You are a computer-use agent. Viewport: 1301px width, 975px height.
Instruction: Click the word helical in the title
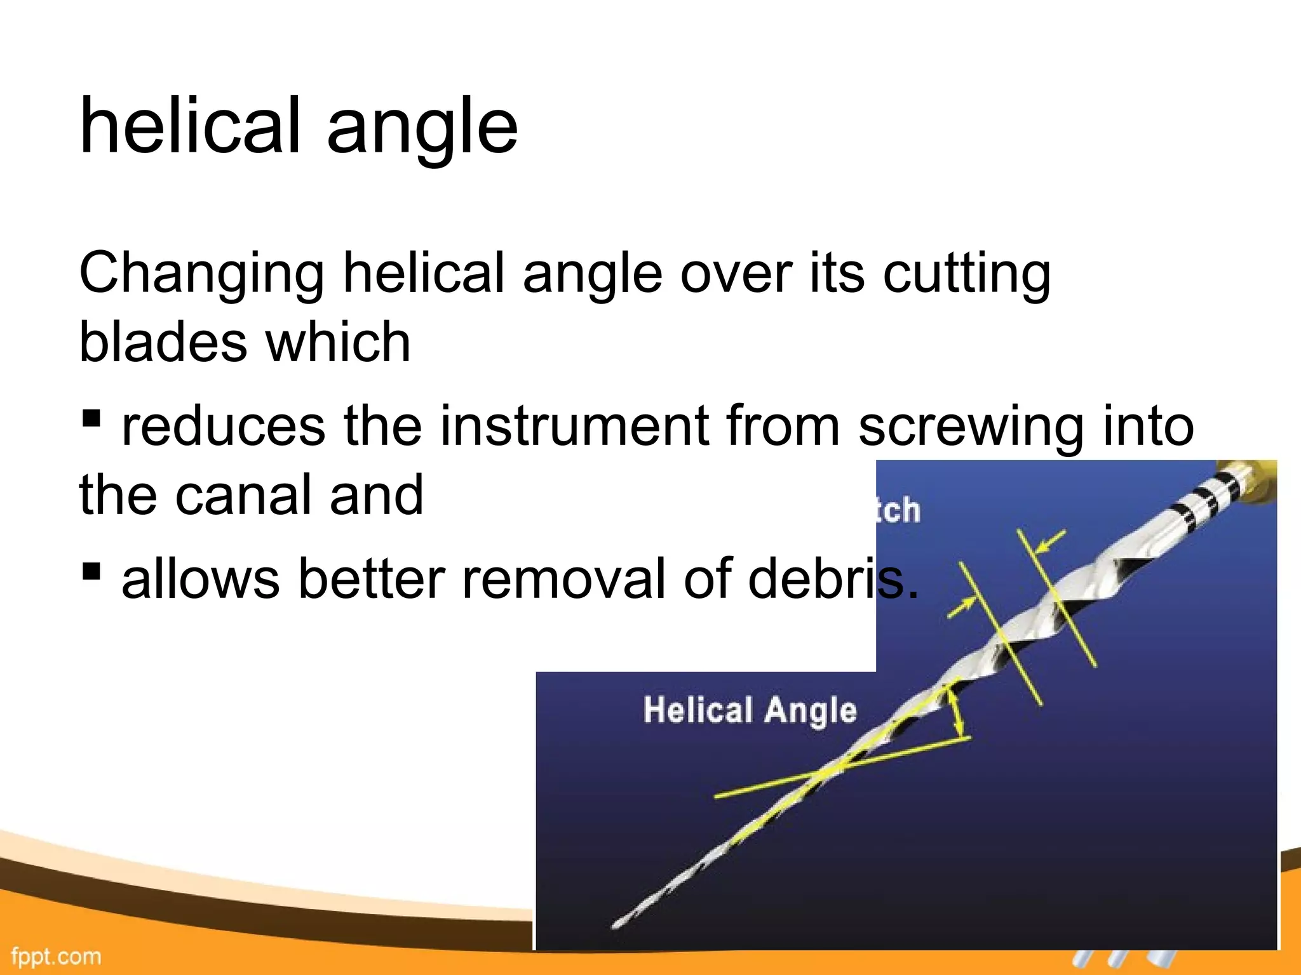[x=189, y=125]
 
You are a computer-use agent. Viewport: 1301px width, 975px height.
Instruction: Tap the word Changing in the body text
[x=201, y=274]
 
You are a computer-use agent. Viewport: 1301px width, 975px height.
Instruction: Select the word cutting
[x=967, y=274]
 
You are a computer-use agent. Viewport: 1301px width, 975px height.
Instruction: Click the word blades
[x=163, y=342]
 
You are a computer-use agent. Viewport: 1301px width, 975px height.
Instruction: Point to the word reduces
[x=223, y=426]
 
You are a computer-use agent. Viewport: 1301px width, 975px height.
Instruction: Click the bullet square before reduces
[x=91, y=418]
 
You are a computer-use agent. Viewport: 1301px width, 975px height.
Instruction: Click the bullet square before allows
[x=91, y=571]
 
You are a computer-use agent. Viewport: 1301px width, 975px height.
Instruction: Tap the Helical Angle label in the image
[x=750, y=710]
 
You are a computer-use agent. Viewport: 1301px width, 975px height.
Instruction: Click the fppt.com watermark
[x=56, y=956]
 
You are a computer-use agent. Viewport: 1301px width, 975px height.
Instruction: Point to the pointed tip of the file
[x=615, y=925]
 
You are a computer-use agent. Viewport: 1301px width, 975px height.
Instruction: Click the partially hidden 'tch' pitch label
[x=898, y=510]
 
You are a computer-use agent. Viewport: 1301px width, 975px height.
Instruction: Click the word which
[x=338, y=342]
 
